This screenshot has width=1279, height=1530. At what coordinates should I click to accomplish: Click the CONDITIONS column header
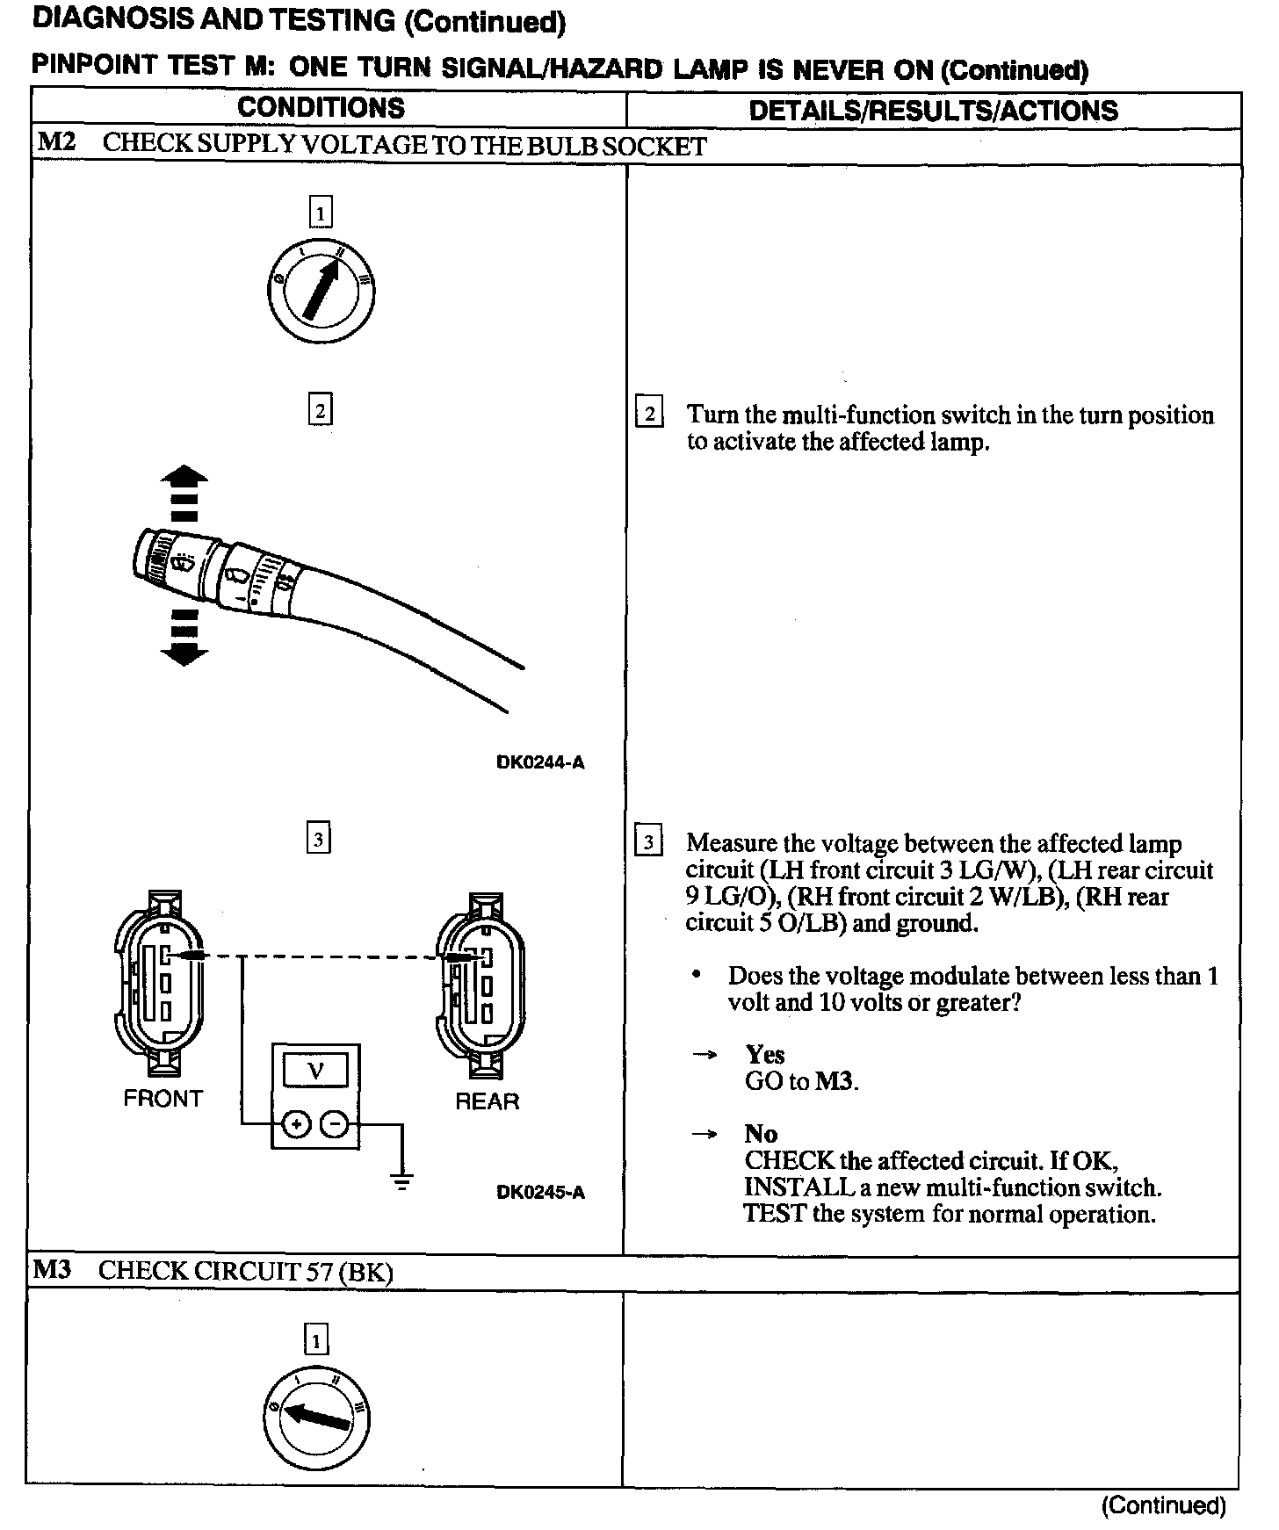point(321,108)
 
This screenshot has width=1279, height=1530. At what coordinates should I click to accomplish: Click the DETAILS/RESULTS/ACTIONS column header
point(933,111)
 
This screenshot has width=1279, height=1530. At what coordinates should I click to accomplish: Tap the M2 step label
point(56,143)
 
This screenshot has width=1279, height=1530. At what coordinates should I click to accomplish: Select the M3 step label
point(53,1270)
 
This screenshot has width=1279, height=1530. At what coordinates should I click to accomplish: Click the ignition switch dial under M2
point(322,291)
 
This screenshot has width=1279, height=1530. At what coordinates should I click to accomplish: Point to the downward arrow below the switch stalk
point(184,652)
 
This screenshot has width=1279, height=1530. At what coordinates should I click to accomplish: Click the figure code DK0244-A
point(540,762)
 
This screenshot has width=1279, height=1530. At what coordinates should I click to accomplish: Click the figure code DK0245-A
point(540,1192)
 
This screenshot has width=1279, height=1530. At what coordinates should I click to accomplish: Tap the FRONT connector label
point(163,1099)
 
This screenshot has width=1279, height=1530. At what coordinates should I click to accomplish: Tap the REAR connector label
point(487,1101)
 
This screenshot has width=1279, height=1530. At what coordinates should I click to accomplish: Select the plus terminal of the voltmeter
point(297,1124)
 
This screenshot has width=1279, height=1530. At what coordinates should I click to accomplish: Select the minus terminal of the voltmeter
point(335,1124)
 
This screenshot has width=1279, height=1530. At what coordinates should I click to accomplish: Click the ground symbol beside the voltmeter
point(402,1182)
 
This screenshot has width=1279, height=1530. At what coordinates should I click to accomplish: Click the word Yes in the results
point(764,1054)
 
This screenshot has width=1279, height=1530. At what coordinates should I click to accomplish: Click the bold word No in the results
point(760,1134)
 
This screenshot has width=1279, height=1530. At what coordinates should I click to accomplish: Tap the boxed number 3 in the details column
point(648,842)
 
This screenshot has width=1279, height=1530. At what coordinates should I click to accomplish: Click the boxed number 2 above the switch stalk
point(320,410)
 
